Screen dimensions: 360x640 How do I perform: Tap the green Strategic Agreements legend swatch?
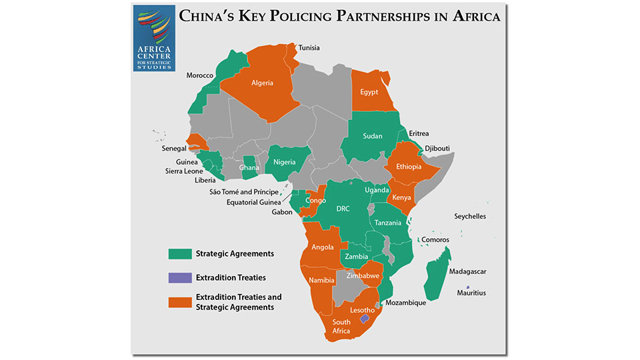tap(179, 253)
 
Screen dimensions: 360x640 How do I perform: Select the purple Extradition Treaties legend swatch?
tap(179, 277)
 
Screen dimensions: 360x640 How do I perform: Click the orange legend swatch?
tap(179, 301)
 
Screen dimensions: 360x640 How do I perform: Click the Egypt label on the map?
tap(369, 92)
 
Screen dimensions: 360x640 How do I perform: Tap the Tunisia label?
tap(309, 48)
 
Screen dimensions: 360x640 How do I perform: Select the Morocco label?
tap(200, 75)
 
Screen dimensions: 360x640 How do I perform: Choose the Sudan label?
tap(373, 136)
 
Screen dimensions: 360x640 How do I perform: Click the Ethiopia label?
tap(408, 167)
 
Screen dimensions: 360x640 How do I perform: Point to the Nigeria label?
tap(285, 161)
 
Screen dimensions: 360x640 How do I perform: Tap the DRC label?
tap(343, 209)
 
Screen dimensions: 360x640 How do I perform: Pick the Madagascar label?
tap(468, 272)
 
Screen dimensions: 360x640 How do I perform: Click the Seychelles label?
tap(470, 217)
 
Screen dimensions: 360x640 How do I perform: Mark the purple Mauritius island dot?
tap(468, 287)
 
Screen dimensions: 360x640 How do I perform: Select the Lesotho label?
tap(363, 310)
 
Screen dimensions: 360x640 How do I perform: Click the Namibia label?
tap(321, 280)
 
